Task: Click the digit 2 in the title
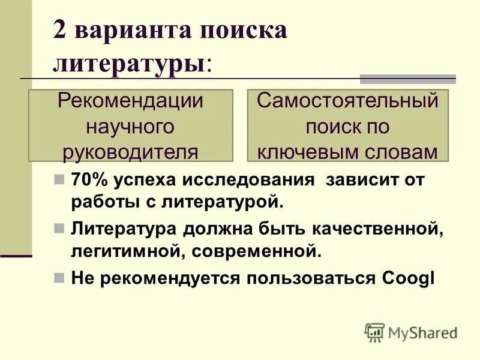pyautogui.click(x=60, y=30)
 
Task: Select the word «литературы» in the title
pyautogui.click(x=129, y=62)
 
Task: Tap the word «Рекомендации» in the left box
pyautogui.click(x=130, y=101)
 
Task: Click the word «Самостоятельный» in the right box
pyautogui.click(x=348, y=101)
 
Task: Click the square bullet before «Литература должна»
pyautogui.click(x=58, y=229)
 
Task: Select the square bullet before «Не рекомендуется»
pyautogui.click(x=58, y=278)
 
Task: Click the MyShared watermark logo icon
pyautogui.click(x=374, y=332)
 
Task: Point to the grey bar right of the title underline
pyautogui.click(x=407, y=79)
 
